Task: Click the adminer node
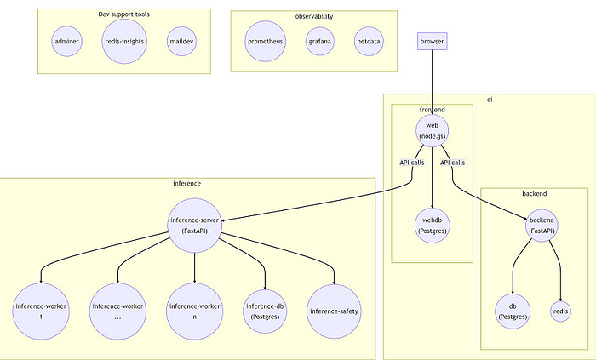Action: [x=66, y=41]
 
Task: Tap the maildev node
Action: [x=181, y=41]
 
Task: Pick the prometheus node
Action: [x=265, y=41]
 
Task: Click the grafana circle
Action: [x=320, y=41]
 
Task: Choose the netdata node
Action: [x=369, y=41]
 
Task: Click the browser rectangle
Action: [x=432, y=41]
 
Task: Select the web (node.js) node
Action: [x=433, y=130]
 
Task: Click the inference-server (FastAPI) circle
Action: [x=195, y=225]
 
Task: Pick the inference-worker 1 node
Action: [x=41, y=311]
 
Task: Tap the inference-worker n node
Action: [x=195, y=311]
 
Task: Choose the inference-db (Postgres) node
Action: [x=265, y=311]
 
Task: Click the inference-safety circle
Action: [x=334, y=311]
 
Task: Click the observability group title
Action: [x=314, y=16]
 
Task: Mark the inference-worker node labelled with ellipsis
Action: [x=117, y=311]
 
